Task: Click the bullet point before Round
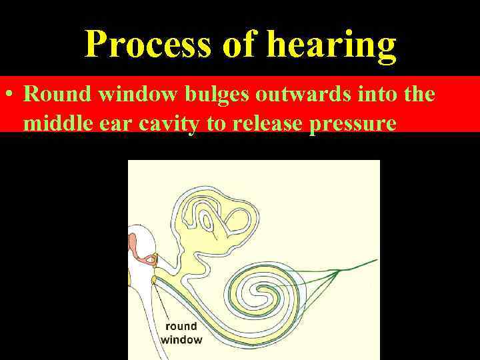[9, 94]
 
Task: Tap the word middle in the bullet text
[55, 123]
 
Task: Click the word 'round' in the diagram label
[181, 327]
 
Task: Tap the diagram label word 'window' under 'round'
[181, 339]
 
